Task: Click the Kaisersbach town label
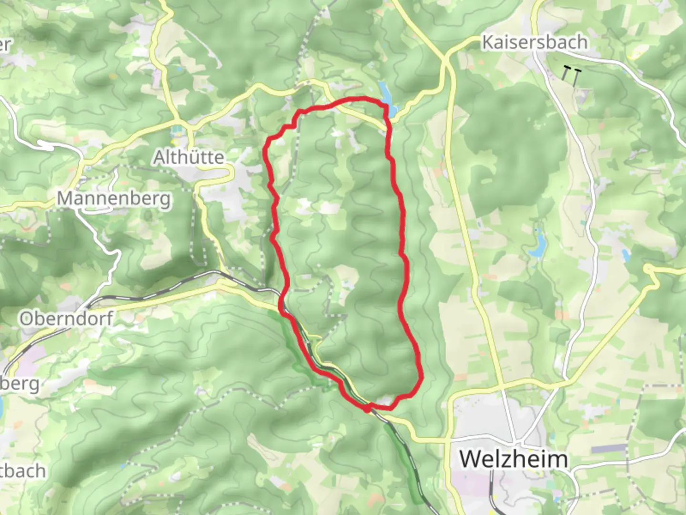tap(535, 42)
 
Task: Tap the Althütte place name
tap(189, 157)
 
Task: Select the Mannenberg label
tap(114, 198)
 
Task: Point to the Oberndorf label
tap(66, 319)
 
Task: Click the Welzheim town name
tap(514, 459)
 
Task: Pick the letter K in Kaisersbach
tap(488, 42)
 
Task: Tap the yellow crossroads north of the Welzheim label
tap(505, 386)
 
